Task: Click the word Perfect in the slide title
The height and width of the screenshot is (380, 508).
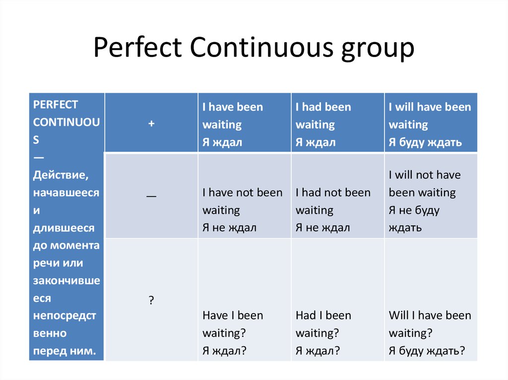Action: [x=138, y=47]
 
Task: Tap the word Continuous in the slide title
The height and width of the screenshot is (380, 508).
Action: [x=261, y=47]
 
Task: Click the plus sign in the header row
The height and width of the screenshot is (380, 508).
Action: [x=151, y=123]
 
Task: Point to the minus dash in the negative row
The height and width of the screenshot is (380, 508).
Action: [x=151, y=196]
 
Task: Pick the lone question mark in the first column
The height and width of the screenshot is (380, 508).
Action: [x=151, y=300]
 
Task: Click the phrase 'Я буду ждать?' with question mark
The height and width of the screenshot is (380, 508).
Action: [x=427, y=351]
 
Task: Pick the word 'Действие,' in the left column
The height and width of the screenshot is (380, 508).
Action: [x=61, y=175]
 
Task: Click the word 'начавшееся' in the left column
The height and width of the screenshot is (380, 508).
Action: [x=66, y=193]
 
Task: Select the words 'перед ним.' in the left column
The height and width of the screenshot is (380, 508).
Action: [x=64, y=351]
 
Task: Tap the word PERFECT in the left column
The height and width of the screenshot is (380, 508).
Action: [x=56, y=105]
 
